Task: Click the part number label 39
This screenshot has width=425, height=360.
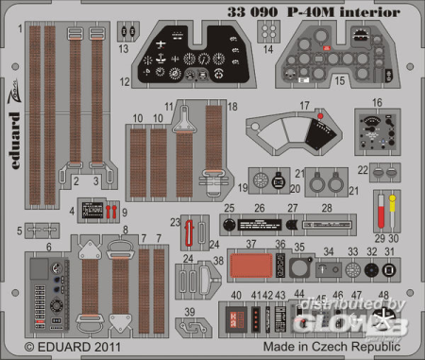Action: [x=190, y=312]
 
